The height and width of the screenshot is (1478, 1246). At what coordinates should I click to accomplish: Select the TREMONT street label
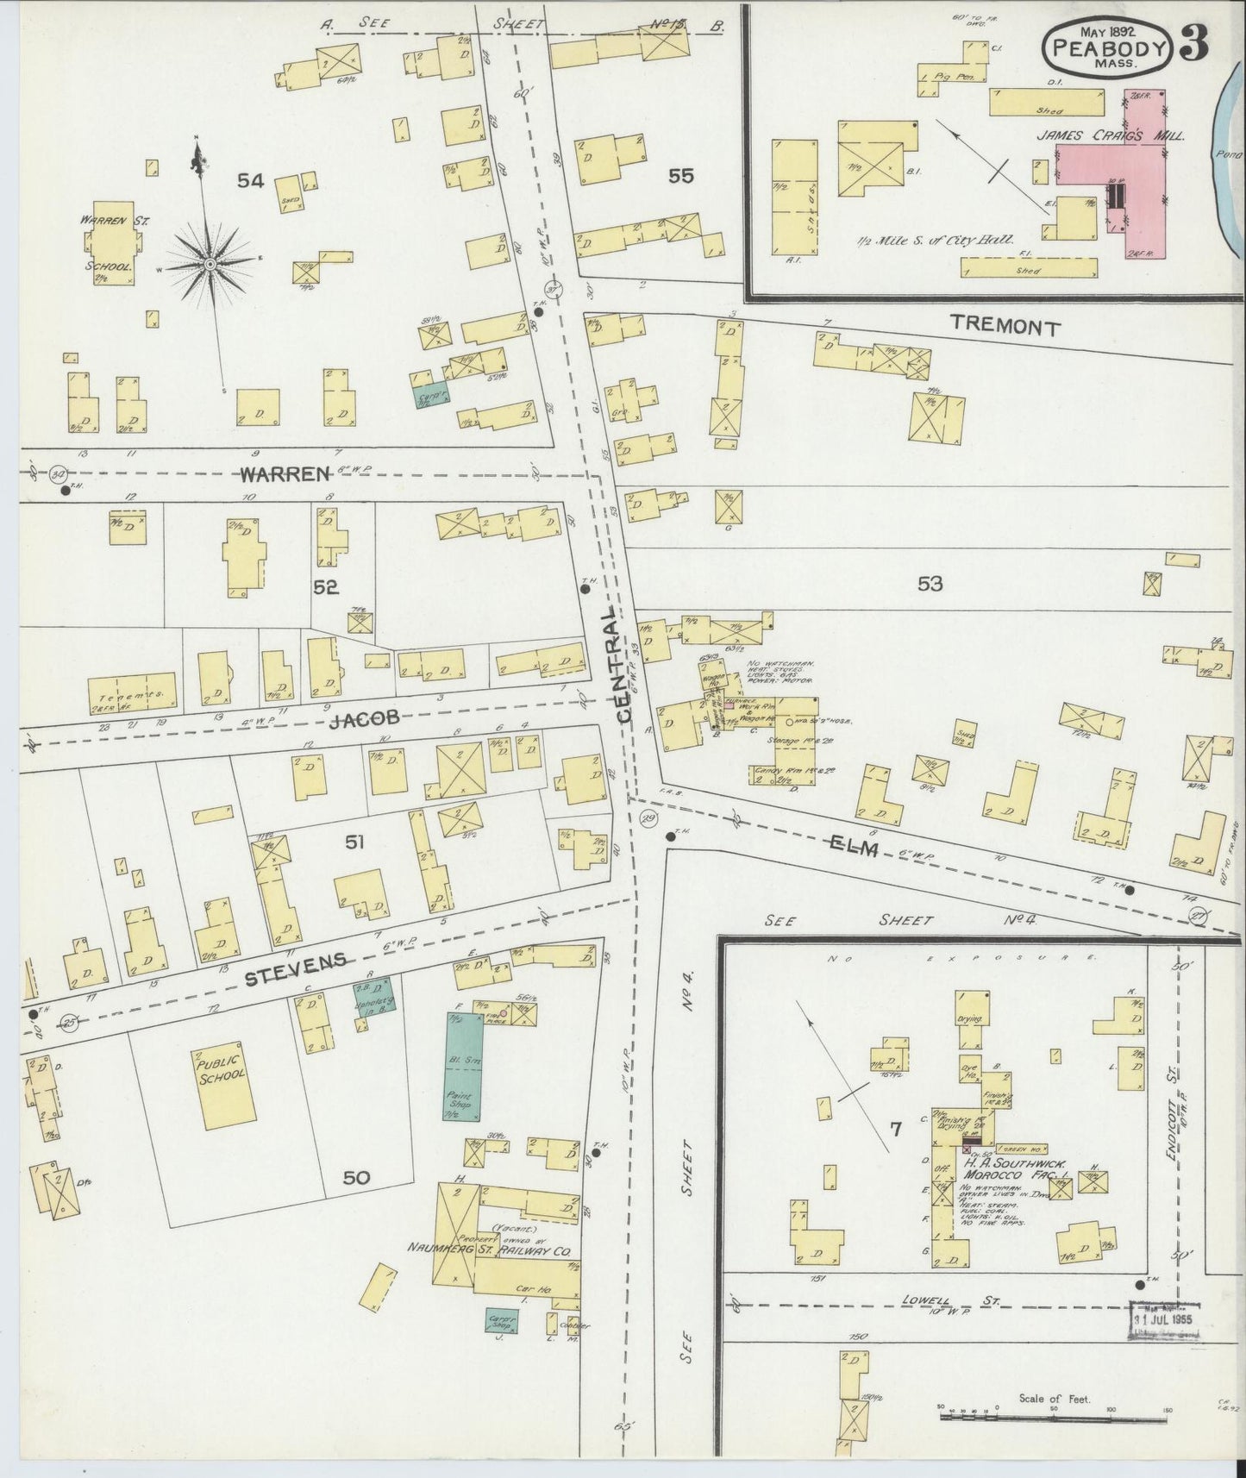(1005, 325)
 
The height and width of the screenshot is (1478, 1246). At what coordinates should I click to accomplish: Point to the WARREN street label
(274, 473)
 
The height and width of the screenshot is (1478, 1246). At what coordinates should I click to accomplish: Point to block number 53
(930, 585)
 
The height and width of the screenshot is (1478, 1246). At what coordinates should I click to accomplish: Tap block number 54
(251, 181)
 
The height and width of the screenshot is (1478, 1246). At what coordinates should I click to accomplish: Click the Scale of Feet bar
(1052, 1412)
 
